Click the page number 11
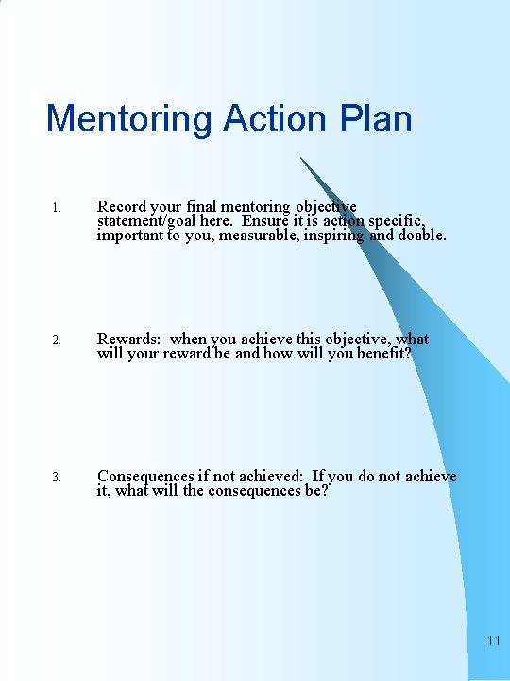tap(493, 640)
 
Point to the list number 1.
tap(57, 208)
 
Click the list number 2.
tap(57, 340)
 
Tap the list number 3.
tap(57, 478)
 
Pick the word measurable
tap(264, 235)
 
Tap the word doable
tap(422, 235)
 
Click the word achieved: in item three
tap(267, 476)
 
